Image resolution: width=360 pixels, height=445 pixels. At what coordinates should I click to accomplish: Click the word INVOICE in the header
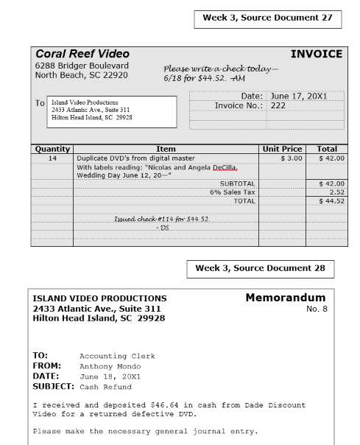pos(317,54)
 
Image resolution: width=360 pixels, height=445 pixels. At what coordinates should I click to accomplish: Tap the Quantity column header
pos(52,148)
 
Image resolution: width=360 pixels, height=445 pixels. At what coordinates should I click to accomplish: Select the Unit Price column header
pos(281,148)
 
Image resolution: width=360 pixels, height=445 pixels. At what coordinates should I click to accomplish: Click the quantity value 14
pos(52,158)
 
